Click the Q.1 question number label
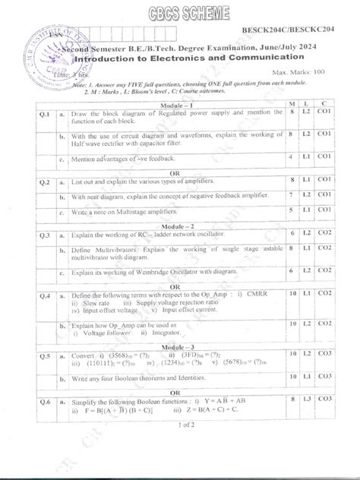point(45,114)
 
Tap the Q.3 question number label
point(45,236)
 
